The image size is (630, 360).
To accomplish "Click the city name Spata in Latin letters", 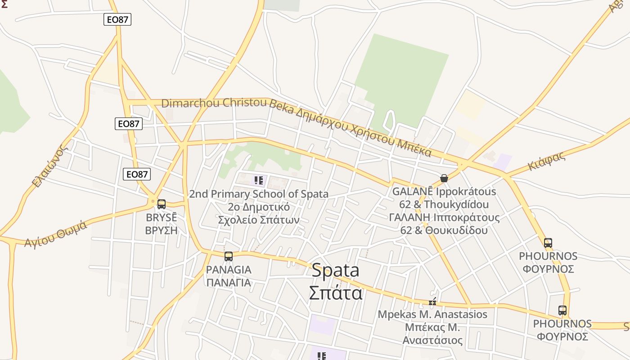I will pyautogui.click(x=335, y=270).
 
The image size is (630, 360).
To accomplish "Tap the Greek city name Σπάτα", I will pyautogui.click(x=335, y=292).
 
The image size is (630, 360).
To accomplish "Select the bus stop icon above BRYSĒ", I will pyautogui.click(x=162, y=204).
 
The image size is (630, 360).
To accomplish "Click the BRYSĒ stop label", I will pyautogui.click(x=162, y=218).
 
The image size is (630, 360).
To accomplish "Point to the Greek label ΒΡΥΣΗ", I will pyautogui.click(x=162, y=230).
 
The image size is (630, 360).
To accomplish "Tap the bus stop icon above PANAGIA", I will pyautogui.click(x=229, y=256).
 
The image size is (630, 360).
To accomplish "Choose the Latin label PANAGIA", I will pyautogui.click(x=229, y=270).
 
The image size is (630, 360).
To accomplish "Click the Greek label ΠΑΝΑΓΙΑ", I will pyautogui.click(x=229, y=283).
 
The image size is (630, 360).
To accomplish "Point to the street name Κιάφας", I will pyautogui.click(x=546, y=161).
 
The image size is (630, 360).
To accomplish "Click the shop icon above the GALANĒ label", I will pyautogui.click(x=444, y=178).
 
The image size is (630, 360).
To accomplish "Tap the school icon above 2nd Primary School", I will pyautogui.click(x=259, y=181).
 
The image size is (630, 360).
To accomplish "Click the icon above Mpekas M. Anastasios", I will pyautogui.click(x=432, y=302).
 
